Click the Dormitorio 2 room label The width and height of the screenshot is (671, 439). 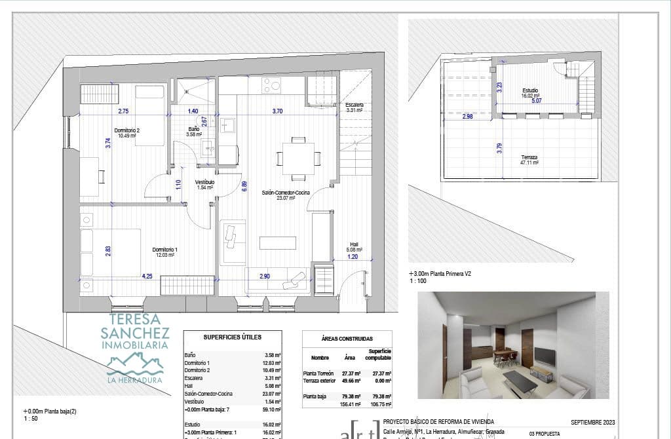click(x=127, y=130)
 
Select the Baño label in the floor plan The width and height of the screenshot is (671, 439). click(x=194, y=129)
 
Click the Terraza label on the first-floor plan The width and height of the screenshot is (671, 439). click(x=529, y=157)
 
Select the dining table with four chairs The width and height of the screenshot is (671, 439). click(x=298, y=159)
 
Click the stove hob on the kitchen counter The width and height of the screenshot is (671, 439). click(x=271, y=85)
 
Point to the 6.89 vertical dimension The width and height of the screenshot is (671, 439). click(x=244, y=185)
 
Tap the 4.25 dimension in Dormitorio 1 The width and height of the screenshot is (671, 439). click(x=147, y=277)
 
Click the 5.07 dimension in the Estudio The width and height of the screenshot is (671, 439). click(x=537, y=101)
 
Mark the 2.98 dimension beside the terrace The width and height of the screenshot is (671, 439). click(x=467, y=117)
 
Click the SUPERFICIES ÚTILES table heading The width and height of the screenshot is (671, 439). click(x=232, y=337)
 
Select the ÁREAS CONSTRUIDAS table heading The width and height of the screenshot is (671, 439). click(x=347, y=339)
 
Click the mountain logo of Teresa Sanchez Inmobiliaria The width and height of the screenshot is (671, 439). click(x=136, y=362)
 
